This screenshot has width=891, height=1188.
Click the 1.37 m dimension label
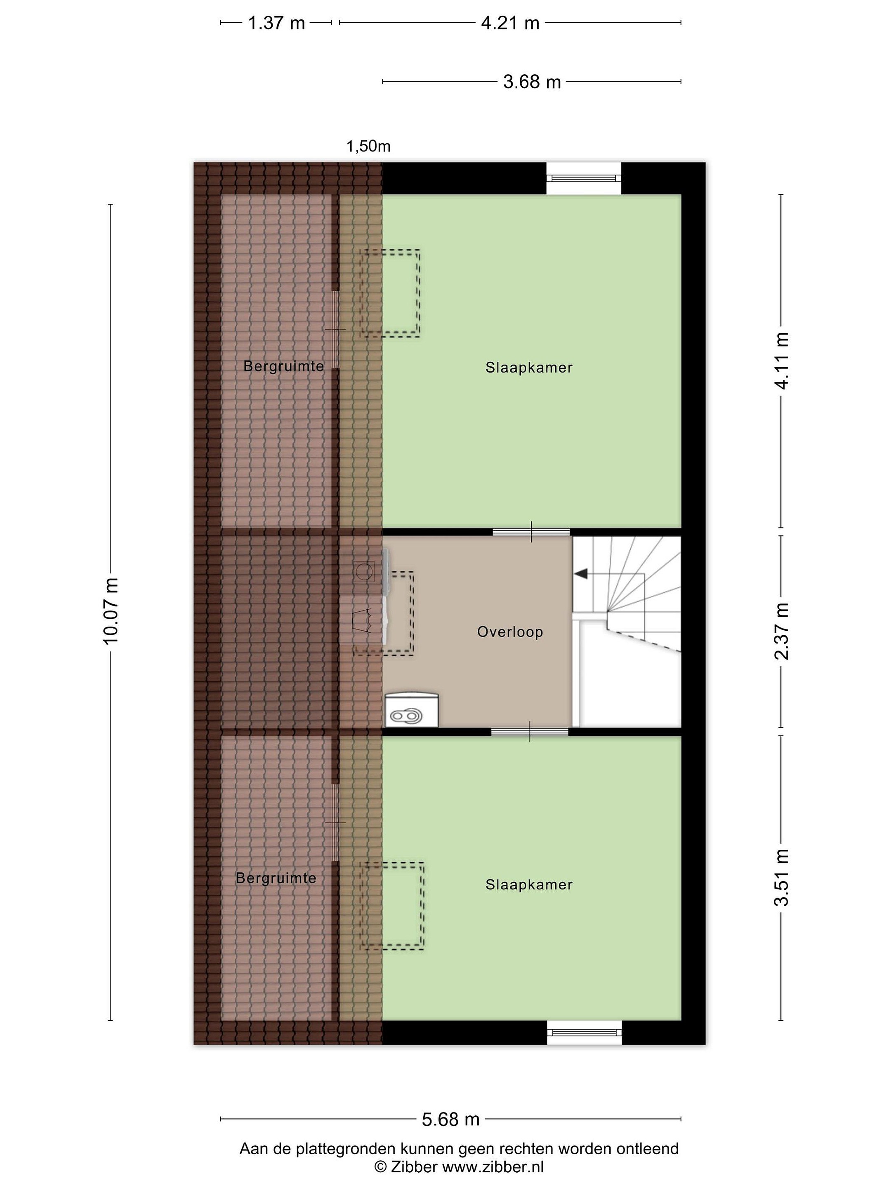276,23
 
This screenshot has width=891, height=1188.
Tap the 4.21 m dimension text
510,23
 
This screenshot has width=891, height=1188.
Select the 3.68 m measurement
532,82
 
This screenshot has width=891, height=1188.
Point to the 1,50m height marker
368,146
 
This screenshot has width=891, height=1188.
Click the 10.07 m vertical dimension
111,611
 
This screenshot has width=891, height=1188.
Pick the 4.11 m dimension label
781,361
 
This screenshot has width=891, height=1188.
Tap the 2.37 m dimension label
781,631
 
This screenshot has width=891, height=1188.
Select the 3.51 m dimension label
781,877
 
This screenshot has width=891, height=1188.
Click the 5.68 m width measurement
450,1115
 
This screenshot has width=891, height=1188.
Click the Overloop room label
510,632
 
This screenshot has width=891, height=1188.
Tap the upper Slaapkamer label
529,368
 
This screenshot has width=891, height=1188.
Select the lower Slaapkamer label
529,884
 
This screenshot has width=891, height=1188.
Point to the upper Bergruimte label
283,366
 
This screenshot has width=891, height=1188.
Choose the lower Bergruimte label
276,878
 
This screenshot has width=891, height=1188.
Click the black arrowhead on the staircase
580,574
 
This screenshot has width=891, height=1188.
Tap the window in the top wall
584,178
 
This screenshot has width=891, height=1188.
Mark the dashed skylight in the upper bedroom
390,293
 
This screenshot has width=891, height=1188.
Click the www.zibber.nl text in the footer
493,1167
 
